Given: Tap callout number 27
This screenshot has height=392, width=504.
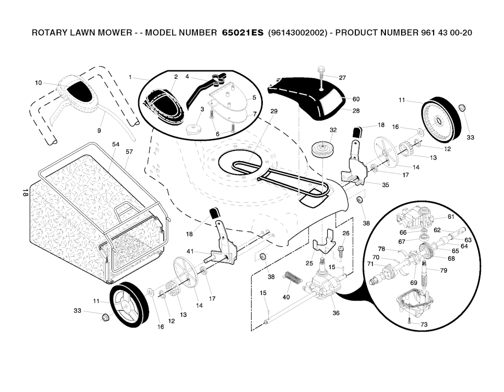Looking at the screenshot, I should click(343, 78).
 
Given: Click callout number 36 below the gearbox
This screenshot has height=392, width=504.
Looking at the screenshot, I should click(336, 313).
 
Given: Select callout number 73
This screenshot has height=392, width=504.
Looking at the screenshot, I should click(424, 324).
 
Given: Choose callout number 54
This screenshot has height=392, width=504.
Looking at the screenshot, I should click(116, 144).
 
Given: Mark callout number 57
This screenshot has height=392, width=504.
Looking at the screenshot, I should click(129, 152).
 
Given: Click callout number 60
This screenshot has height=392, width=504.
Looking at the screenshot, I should click(356, 99).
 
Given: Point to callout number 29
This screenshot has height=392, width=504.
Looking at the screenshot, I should click(274, 111).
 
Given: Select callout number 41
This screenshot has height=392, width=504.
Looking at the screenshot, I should click(190, 251).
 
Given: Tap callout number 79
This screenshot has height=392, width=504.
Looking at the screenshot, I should click(443, 270).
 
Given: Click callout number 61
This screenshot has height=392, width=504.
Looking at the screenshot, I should click(450, 217).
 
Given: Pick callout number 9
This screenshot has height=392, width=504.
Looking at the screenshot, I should click(99, 131).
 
